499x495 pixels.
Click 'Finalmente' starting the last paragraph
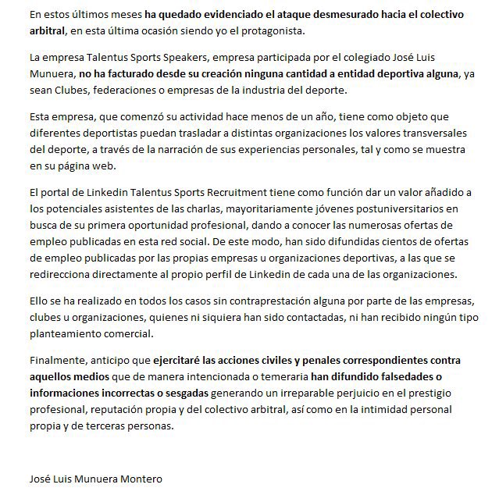pyautogui.click(x=57, y=361)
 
